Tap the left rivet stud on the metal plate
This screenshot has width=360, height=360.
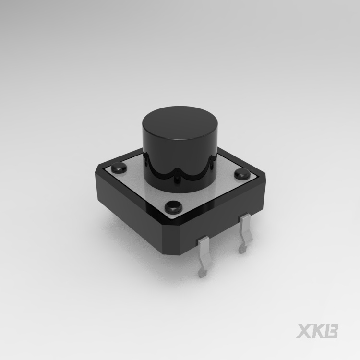pyautogui.click(x=119, y=168)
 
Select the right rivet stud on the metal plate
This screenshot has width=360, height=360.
pyautogui.click(x=242, y=174)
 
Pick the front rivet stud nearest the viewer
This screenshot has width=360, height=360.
pyautogui.click(x=174, y=206)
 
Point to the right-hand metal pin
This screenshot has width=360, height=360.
pyautogui.click(x=245, y=232)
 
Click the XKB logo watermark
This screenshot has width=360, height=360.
pyautogui.click(x=317, y=331)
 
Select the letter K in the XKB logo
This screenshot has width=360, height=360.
pyautogui.click(x=318, y=331)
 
